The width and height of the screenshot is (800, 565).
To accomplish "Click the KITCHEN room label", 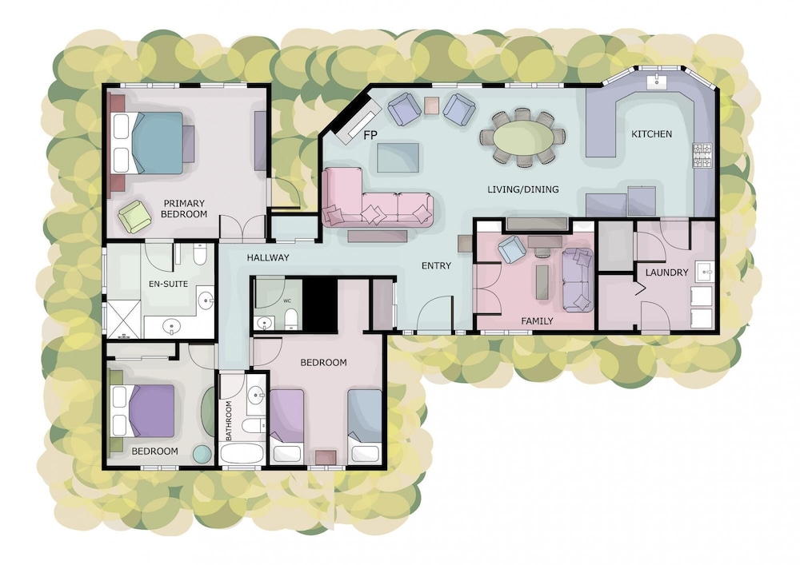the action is point(651,134).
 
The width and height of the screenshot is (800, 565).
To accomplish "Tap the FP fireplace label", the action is point(370,135).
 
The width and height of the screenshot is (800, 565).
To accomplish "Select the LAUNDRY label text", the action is point(667,273).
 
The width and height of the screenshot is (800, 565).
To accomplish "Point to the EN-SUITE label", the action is point(168,284).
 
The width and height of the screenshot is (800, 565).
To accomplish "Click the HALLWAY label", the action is point(268,258).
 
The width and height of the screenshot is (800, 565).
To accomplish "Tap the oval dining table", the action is point(523,137).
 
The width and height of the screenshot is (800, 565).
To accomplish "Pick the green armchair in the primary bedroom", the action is point(134,216).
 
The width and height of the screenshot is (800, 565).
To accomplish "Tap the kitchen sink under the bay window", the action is point(656,81).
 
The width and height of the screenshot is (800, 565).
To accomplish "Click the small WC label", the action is point(287,300).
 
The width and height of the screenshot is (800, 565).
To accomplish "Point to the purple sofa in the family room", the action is point(578,280).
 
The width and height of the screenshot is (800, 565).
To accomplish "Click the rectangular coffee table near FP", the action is point(398,158).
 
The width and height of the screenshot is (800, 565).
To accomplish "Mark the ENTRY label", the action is point(436,265).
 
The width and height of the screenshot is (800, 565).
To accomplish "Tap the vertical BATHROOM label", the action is point(229,421).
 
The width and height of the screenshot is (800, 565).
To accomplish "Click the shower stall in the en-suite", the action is point(122,320).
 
